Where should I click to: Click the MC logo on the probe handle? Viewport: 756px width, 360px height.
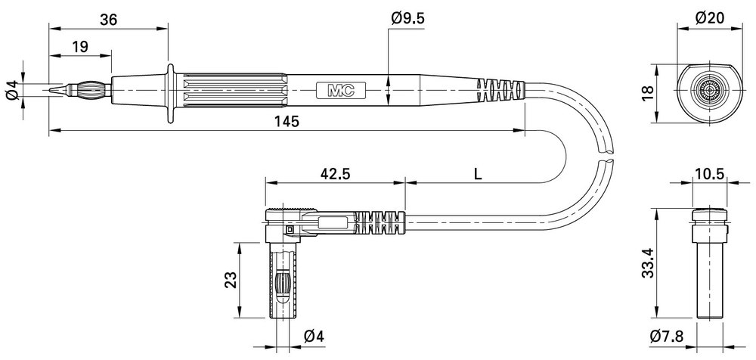[341, 90]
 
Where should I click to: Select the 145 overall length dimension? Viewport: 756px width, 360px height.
[288, 121]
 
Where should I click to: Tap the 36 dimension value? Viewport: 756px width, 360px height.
[108, 20]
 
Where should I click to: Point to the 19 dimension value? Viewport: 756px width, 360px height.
[80, 47]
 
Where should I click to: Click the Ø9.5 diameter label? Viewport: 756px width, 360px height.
[408, 18]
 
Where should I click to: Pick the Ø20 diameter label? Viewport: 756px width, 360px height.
[710, 18]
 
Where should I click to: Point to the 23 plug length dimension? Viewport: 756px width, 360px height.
[231, 280]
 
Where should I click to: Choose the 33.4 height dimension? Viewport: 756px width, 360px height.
[648, 264]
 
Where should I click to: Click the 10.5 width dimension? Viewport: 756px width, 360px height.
[711, 174]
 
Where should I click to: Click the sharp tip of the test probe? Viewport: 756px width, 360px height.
[50, 90]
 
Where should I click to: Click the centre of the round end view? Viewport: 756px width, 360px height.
[708, 90]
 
